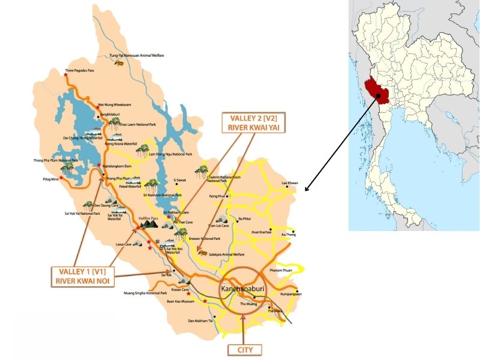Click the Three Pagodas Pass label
(x=81, y=71)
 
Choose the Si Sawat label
(x=180, y=179)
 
